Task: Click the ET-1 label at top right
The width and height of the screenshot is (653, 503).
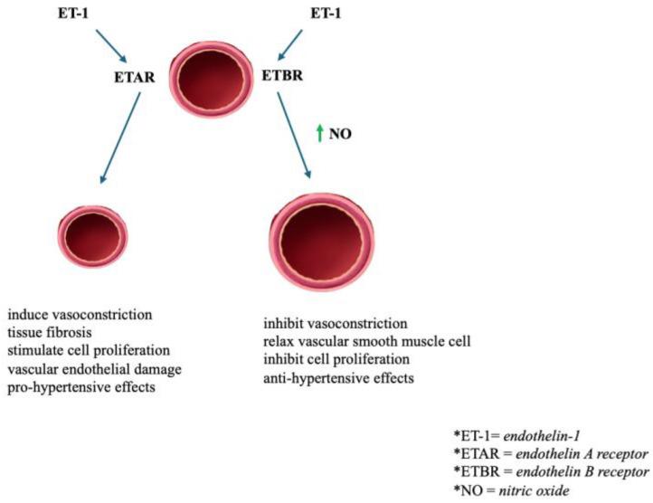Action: tap(327, 14)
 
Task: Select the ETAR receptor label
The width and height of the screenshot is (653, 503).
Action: tap(137, 78)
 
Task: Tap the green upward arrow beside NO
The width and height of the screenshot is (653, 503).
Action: tap(318, 134)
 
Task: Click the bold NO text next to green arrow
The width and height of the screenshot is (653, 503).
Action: tap(340, 134)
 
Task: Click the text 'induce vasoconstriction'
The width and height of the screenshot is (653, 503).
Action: tap(80, 314)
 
